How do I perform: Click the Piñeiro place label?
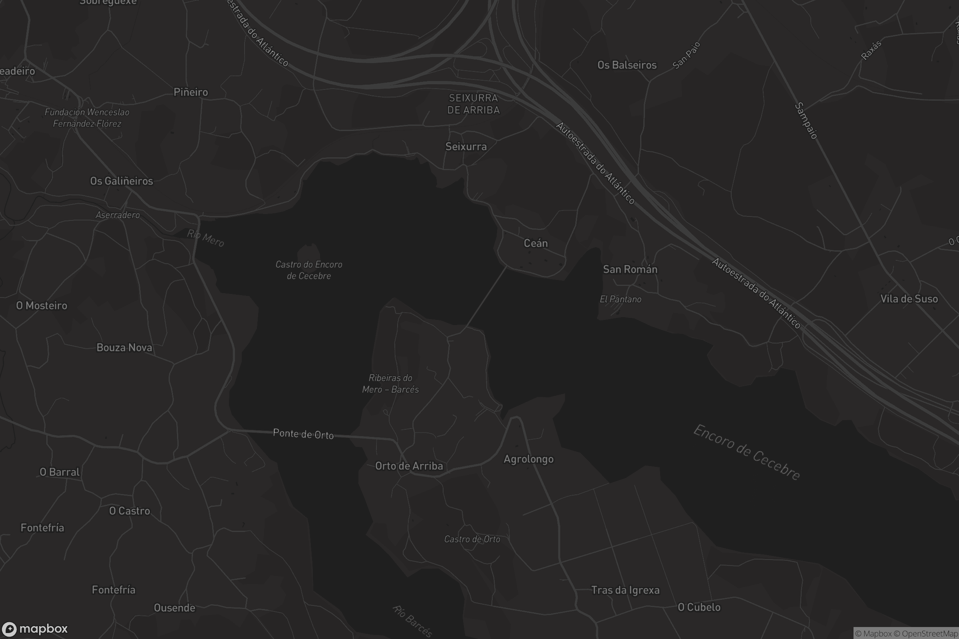[x=191, y=92]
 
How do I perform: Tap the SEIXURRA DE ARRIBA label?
[x=474, y=104]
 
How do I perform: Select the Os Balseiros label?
[x=627, y=65]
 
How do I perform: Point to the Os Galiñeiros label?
[x=121, y=181]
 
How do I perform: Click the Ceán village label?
[x=535, y=243]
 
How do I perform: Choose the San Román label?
[x=630, y=269]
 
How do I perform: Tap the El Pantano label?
[x=620, y=299]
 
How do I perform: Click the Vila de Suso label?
[x=909, y=299]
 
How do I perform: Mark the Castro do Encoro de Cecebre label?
[x=308, y=270]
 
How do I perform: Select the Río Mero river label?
[x=205, y=238]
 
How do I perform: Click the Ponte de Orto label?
[x=303, y=434]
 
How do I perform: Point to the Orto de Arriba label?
[x=409, y=466]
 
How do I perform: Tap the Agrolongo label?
[x=528, y=459]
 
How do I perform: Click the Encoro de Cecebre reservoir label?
[x=746, y=453]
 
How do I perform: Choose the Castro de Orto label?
[x=472, y=539]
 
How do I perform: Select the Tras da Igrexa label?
[x=625, y=590]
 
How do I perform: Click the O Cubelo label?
[x=699, y=607]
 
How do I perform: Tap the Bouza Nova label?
[x=124, y=347]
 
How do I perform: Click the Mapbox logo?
[x=34, y=629]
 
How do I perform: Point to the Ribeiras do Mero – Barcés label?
[x=390, y=383]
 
